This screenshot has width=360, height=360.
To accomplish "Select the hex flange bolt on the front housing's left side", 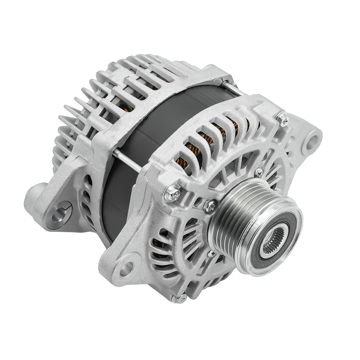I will (x=173, y=194).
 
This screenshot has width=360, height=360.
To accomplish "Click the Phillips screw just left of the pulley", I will (x=210, y=206).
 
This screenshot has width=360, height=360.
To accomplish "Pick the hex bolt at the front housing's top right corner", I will (x=283, y=119).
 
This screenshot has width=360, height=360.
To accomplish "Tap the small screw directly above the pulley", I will (x=258, y=172).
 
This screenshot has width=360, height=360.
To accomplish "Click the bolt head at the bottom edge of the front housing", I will (x=181, y=298).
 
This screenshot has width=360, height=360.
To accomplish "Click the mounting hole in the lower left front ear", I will (x=126, y=269).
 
